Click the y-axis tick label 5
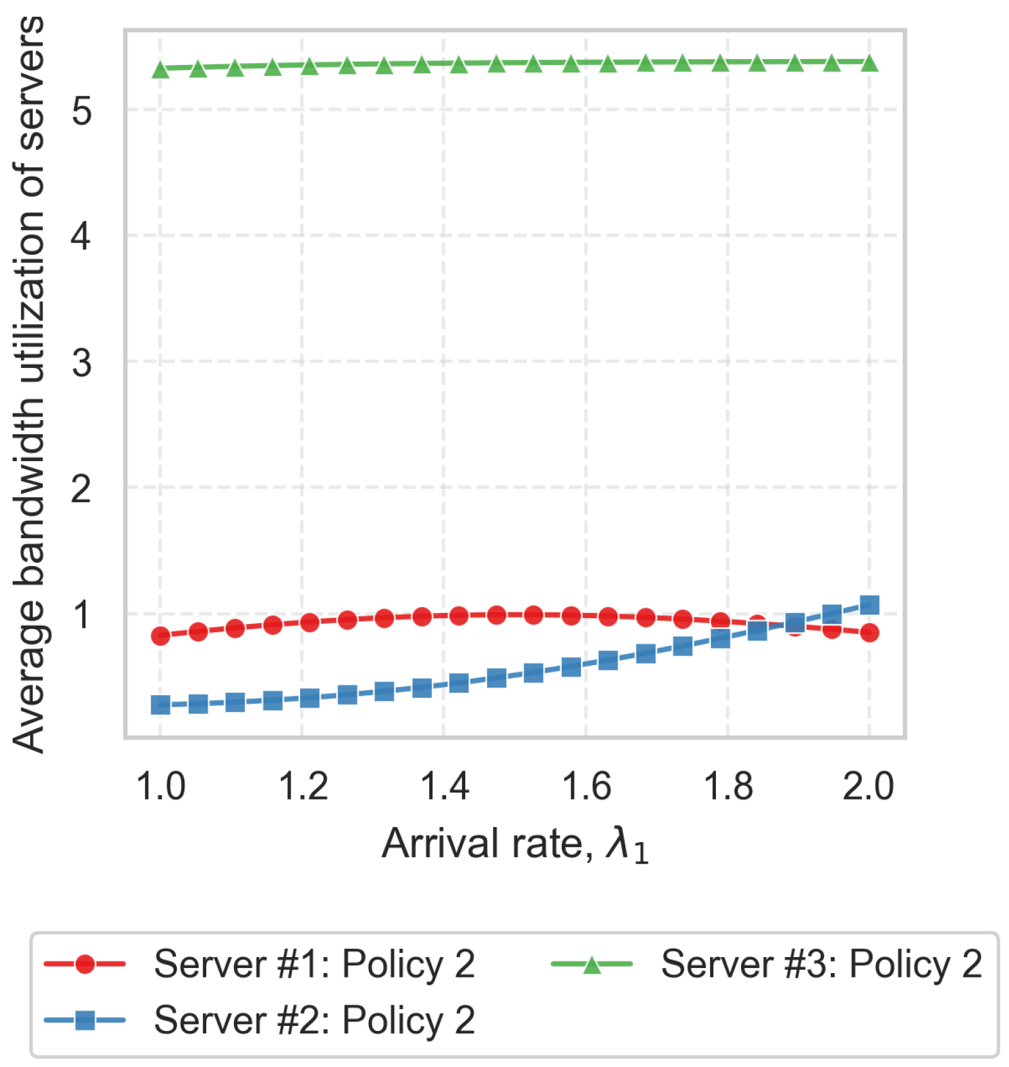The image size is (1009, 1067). click(x=82, y=111)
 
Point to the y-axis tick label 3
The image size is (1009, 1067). click(x=82, y=363)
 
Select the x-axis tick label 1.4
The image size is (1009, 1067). click(x=444, y=786)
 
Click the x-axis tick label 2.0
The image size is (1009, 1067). click(x=868, y=786)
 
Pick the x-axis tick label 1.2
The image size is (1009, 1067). click(x=303, y=786)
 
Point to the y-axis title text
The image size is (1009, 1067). click(x=29, y=384)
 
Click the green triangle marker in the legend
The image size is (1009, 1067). click(x=592, y=964)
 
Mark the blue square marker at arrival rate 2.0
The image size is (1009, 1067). click(x=869, y=605)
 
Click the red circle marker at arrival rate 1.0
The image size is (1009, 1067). click(x=161, y=636)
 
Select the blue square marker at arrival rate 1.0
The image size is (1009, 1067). click(x=161, y=705)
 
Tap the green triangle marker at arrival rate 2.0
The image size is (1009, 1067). click(x=869, y=63)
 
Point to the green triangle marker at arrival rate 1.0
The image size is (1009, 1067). click(x=161, y=69)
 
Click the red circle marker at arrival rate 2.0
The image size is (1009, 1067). click(x=869, y=633)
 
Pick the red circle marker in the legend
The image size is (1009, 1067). click(x=85, y=964)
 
